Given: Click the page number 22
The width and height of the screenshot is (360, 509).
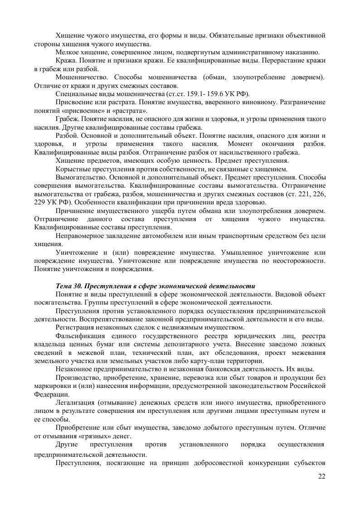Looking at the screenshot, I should (322, 475).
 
